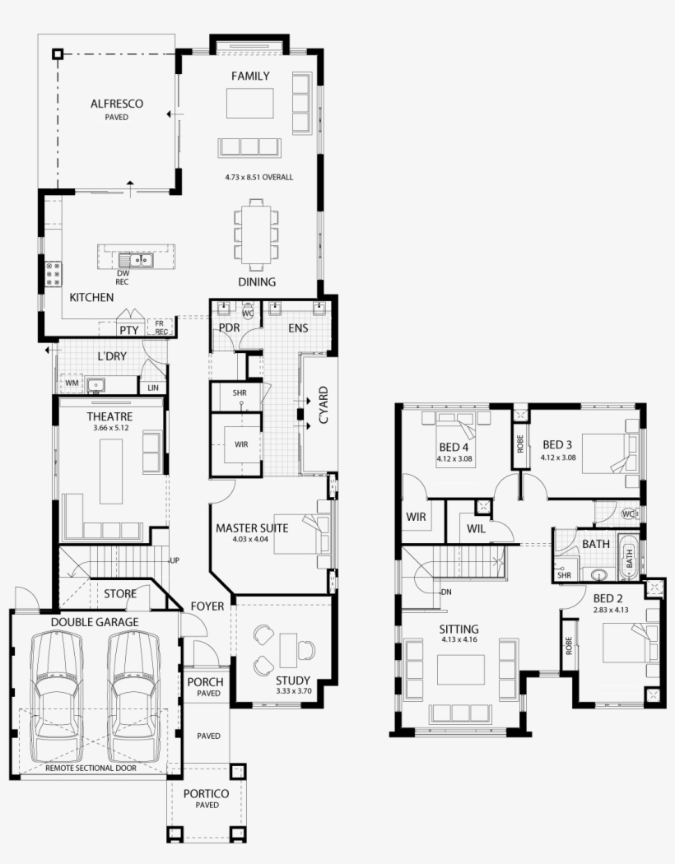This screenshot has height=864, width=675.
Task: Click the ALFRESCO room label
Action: point(117,104)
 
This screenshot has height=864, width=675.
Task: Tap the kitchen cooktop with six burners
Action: point(54,274)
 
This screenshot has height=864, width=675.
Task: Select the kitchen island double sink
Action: point(136,259)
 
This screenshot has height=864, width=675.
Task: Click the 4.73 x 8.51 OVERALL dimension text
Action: point(259,178)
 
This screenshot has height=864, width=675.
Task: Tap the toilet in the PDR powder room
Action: point(249,311)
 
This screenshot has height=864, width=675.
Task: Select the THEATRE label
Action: point(109,416)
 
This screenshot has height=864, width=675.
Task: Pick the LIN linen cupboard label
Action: point(153,388)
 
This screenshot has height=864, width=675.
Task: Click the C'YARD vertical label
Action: point(324,406)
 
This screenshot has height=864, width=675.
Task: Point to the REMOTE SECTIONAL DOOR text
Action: point(91,768)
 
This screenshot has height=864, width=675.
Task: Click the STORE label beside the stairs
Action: point(120,594)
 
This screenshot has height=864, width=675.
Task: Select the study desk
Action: point(288,650)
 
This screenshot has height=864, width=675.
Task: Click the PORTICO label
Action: point(206,793)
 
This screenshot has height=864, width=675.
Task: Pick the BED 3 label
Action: point(557,444)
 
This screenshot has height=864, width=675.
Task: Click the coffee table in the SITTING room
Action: point(461,670)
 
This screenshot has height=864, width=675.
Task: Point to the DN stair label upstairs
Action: point(446,592)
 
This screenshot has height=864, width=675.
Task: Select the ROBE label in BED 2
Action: point(569,646)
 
